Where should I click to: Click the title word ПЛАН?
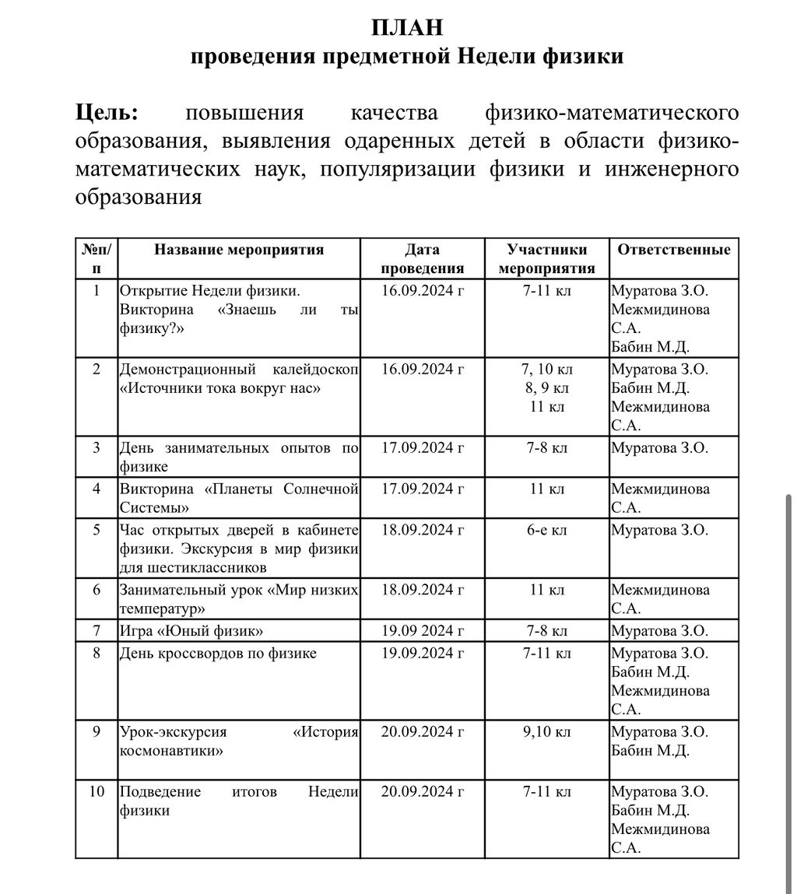coord(407,28)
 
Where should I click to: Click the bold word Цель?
coord(107,113)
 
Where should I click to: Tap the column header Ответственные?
coord(673,250)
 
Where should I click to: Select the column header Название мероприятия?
coord(239,250)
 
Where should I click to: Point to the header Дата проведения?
coord(423,259)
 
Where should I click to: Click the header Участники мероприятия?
coord(546,259)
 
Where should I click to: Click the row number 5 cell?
coord(97,530)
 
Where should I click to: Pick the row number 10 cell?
coord(97,791)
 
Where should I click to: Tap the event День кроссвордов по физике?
coord(218,653)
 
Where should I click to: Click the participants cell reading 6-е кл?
coord(546,530)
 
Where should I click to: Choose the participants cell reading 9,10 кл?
coord(546,732)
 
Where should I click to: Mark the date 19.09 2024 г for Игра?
coord(423,630)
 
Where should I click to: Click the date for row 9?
coord(423,732)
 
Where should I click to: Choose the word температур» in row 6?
coord(163,608)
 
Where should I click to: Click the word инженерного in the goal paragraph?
coord(672,169)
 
